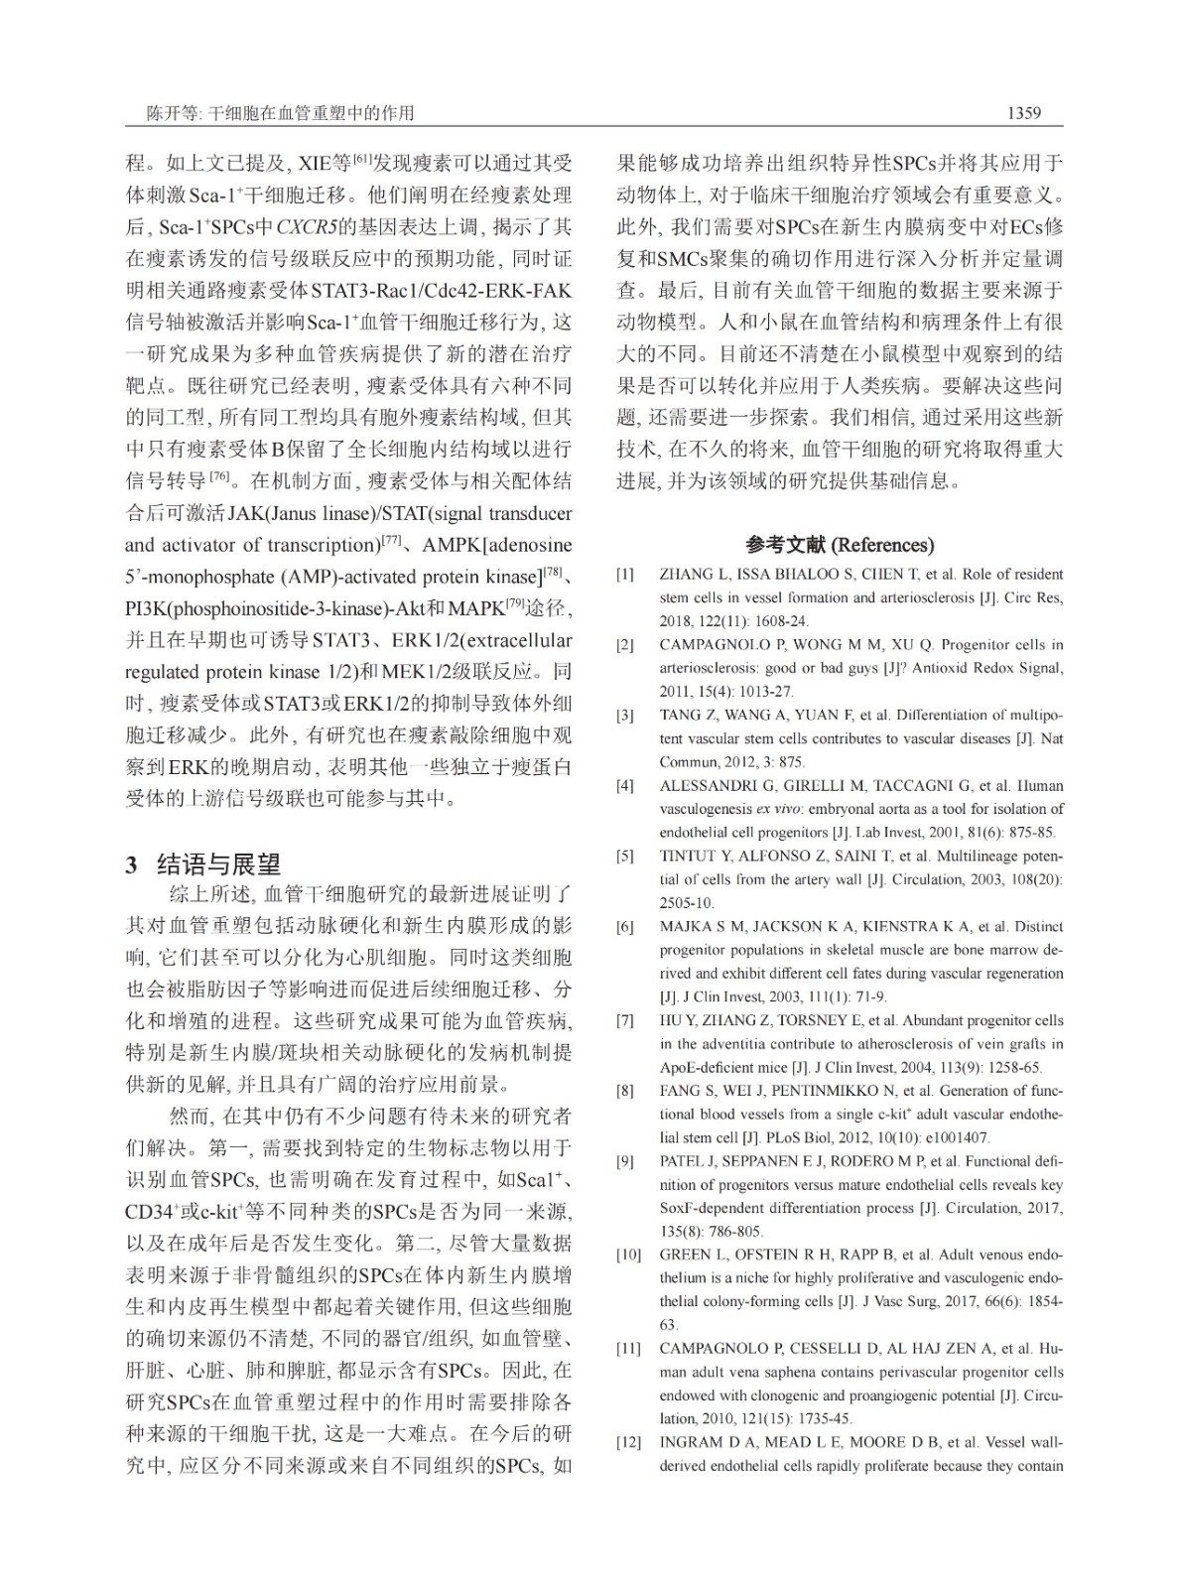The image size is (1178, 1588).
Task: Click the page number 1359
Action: click(1023, 113)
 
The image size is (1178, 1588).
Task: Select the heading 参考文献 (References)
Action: click(839, 545)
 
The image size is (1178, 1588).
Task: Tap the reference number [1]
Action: click(624, 575)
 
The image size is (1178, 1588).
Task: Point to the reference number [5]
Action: click(624, 856)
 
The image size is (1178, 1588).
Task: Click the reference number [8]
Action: click(624, 1091)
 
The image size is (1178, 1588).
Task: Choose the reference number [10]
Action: click(627, 1256)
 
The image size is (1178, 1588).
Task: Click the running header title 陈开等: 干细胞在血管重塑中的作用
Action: click(268, 113)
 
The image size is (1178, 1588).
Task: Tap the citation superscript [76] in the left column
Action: click(219, 478)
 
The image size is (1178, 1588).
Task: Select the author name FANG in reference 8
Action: click(680, 1091)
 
